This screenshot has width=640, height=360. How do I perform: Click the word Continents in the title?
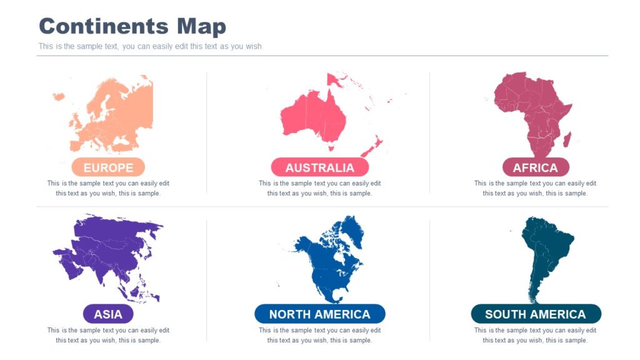tap(104, 27)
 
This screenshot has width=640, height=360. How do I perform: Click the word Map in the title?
tap(201, 27)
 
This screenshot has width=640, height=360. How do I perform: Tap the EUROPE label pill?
tap(108, 167)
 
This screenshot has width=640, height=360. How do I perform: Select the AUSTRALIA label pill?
tap(319, 167)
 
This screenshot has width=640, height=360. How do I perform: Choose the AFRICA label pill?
tap(535, 167)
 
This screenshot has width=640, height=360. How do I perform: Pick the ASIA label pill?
tap(108, 314)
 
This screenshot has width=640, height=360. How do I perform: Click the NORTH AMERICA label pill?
tap(319, 314)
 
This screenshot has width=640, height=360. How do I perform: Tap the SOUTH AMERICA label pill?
tap(535, 314)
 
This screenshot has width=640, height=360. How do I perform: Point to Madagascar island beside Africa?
tap(567, 139)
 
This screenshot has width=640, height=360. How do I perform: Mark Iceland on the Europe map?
tap(59, 96)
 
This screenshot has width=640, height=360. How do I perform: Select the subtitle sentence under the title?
tap(150, 46)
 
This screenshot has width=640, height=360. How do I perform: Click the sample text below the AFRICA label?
tap(535, 188)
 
